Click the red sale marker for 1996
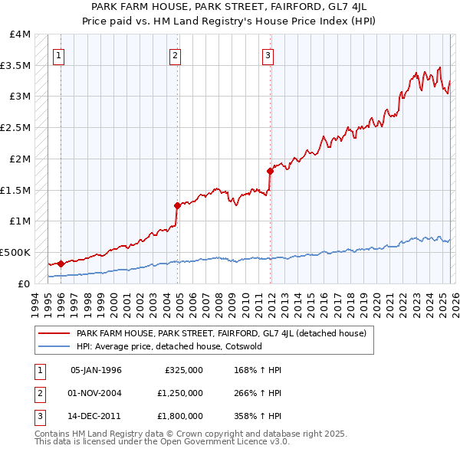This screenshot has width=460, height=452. click(x=61, y=263)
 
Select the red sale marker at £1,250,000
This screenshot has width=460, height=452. click(x=177, y=205)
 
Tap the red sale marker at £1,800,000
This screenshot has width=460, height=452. click(x=270, y=171)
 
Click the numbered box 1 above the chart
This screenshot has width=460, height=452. click(x=59, y=54)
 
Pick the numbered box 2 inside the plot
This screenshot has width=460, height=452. click(x=176, y=54)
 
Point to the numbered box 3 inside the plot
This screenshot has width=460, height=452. click(x=268, y=54)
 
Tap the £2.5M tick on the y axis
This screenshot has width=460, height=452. click(x=18, y=127)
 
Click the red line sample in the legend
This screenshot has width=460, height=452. click(x=54, y=333)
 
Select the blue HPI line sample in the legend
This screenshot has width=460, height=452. click(x=54, y=346)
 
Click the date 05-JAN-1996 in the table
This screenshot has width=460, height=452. click(x=96, y=370)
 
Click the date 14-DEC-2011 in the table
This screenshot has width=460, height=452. click(x=96, y=418)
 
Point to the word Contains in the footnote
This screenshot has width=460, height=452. click(x=54, y=434)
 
